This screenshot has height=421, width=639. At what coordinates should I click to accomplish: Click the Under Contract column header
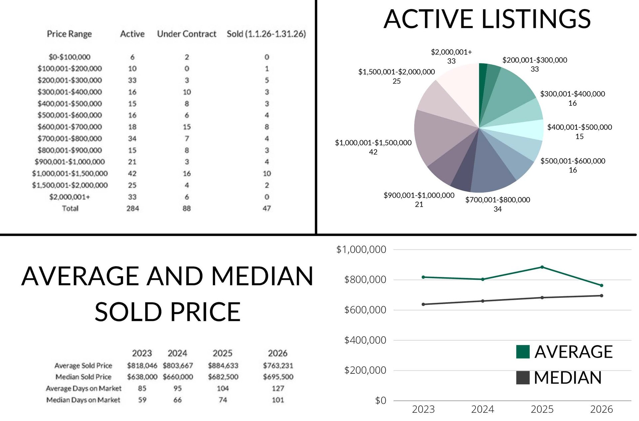pos(186,34)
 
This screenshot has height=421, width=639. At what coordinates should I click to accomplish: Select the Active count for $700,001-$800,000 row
pos(132,138)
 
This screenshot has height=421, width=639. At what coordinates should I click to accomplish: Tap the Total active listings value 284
pos(132,208)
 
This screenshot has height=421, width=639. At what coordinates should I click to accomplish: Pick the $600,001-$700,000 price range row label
pos(70,127)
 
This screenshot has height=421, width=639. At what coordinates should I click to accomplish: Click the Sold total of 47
pos(267,208)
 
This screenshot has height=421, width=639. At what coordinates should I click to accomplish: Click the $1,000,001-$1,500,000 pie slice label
pos(373,147)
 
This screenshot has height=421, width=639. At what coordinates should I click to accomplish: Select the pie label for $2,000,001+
pos(451,56)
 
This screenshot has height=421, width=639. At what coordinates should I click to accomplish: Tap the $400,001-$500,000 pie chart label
pos(579,131)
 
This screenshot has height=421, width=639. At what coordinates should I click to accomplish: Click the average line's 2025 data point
pos(542,267)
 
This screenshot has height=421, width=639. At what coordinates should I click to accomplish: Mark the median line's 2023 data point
pos(423,304)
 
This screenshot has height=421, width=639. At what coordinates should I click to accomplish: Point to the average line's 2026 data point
pos(601,285)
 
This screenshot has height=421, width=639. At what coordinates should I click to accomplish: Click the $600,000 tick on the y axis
pos(365,310)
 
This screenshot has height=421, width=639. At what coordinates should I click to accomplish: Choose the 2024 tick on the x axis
pos(483,409)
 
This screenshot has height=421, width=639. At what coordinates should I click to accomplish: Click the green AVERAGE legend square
pos(523,352)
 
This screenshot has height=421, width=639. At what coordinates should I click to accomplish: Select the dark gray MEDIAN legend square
pos(523,378)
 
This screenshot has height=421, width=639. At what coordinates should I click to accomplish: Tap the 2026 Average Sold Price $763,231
pos(278,365)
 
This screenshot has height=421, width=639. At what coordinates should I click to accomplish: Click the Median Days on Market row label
pos(83,400)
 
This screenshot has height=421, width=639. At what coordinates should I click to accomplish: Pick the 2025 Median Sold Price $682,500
pos(223,377)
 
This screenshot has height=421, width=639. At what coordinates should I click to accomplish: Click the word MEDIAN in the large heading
pos(262,276)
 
